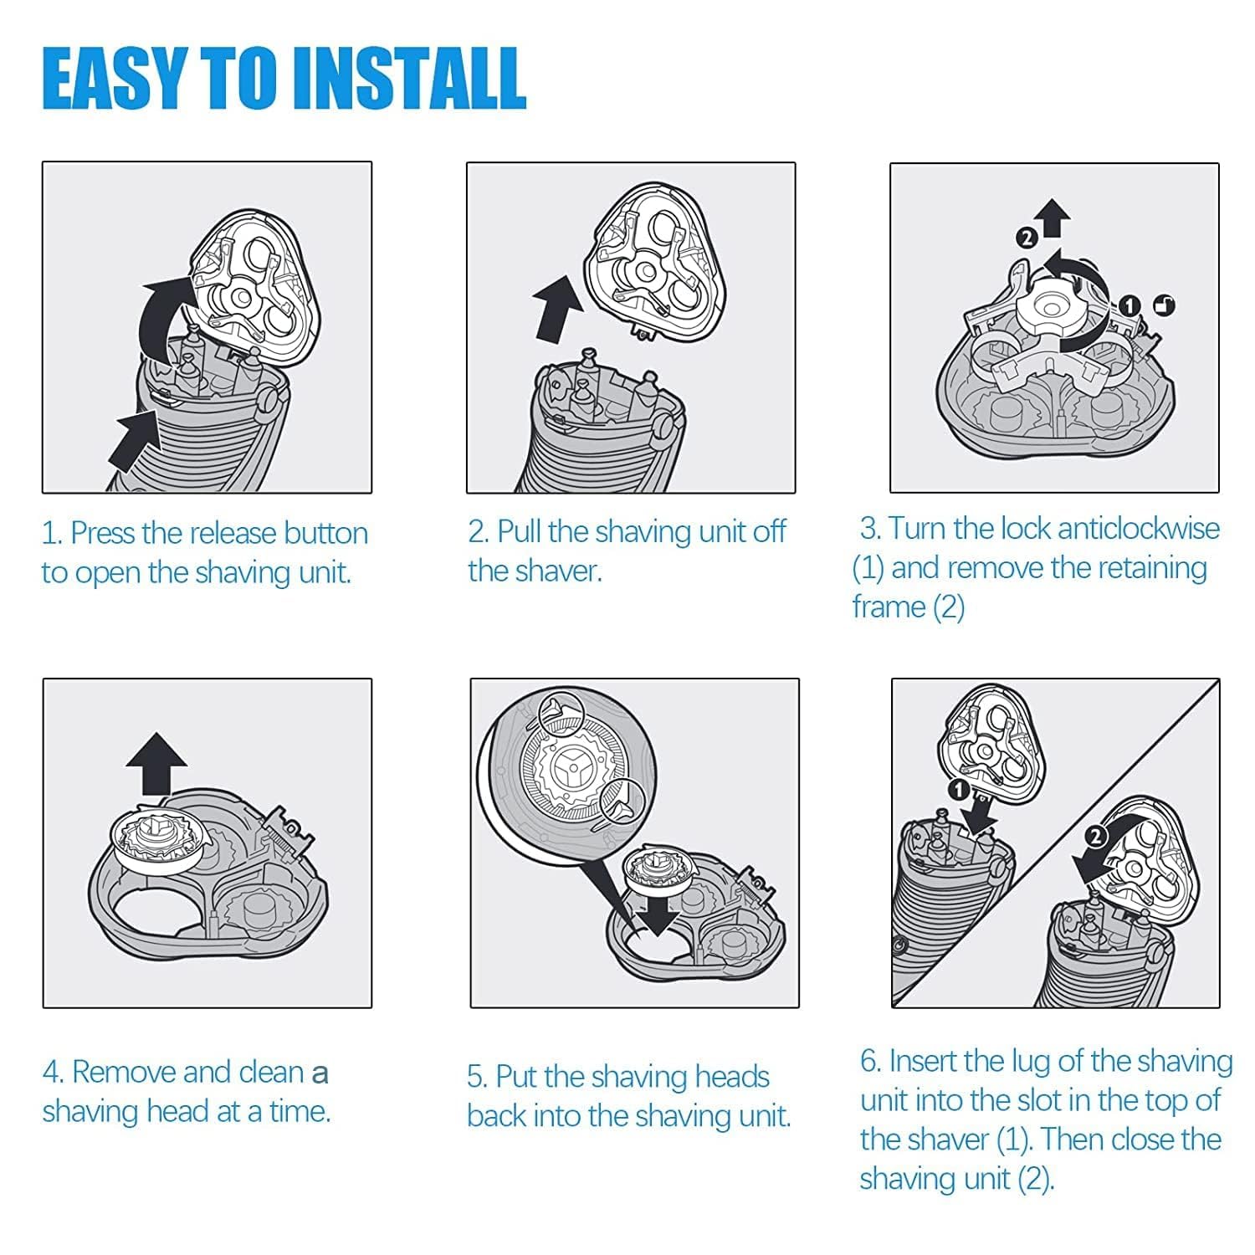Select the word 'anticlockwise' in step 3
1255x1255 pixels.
point(1139,528)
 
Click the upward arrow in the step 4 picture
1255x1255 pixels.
point(156,763)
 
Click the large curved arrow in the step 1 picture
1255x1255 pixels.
point(171,322)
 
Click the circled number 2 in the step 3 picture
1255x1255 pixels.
point(1027,238)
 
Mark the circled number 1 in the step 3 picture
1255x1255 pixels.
point(1130,306)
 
